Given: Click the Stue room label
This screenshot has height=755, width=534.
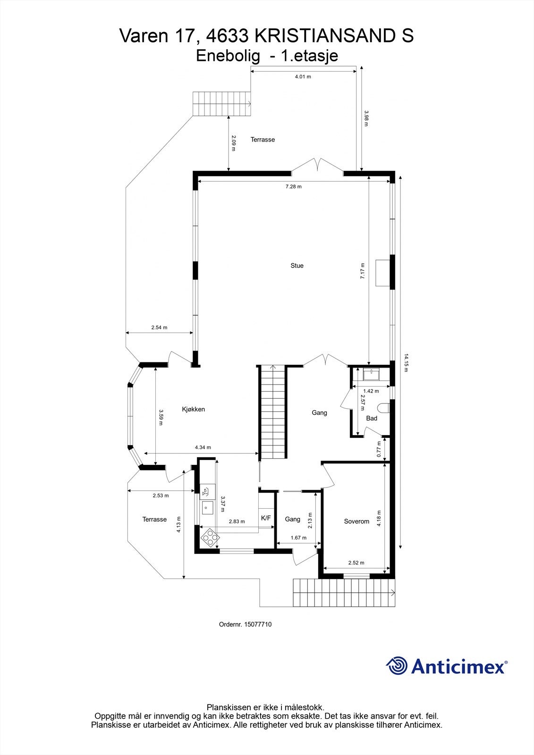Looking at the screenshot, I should [297, 266].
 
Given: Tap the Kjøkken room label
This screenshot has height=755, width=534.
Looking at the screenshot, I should [193, 409].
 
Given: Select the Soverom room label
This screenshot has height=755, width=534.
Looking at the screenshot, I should [356, 521].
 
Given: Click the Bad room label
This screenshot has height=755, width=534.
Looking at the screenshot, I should [372, 418].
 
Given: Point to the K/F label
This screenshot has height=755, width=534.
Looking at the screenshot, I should [266, 518].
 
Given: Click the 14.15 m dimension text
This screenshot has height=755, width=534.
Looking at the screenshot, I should [405, 362].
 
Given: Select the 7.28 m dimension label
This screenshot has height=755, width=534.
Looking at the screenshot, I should [293, 186].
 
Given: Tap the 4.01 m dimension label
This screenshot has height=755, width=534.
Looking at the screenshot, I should [303, 76].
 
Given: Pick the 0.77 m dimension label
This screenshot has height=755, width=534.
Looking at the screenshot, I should [379, 449].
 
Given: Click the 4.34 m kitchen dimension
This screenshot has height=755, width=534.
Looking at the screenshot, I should [203, 447].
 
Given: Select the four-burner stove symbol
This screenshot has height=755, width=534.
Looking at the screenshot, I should [210, 537].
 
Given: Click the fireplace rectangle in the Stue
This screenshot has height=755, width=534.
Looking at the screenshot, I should [381, 273].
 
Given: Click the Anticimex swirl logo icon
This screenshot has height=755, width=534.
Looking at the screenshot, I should [397, 666].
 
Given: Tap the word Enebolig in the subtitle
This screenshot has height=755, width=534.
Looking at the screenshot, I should [228, 56].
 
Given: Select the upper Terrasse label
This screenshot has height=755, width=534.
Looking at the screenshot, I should [263, 140].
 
